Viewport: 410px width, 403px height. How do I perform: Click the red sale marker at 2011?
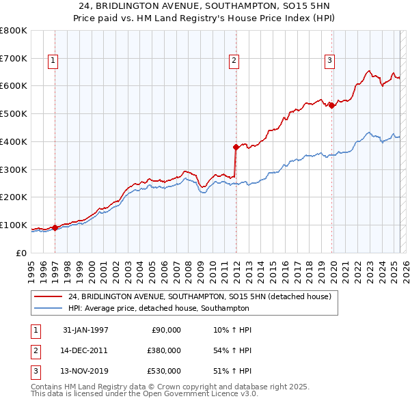tap(236, 147)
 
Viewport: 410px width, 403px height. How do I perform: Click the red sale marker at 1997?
tap(55, 227)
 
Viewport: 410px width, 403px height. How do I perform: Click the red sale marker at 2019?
tap(331, 105)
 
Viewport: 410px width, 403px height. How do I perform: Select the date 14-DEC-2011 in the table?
tap(85, 350)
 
